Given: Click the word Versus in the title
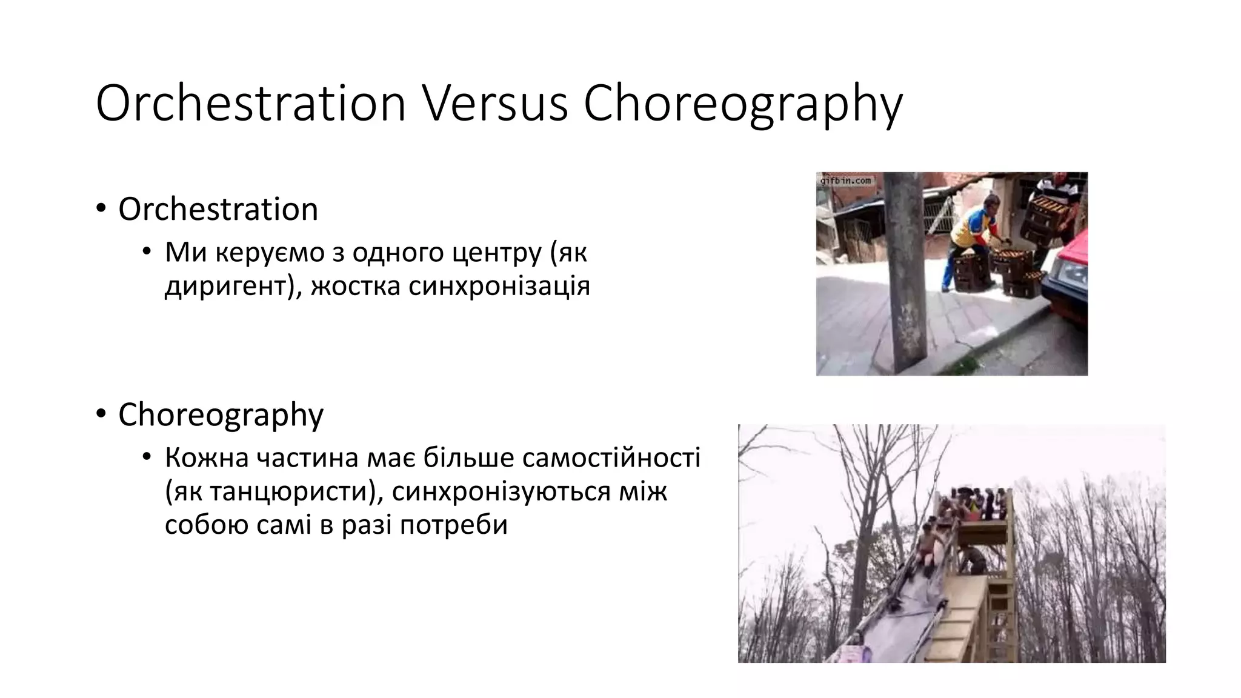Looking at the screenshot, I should [x=494, y=103].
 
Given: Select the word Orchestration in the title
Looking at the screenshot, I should [x=250, y=103].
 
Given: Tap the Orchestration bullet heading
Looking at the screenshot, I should [x=218, y=209].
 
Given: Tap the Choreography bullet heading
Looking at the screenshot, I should [x=221, y=416].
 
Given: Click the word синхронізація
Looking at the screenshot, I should [x=499, y=285].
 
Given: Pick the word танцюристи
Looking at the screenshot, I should [x=289, y=491].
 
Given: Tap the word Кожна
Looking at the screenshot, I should [x=207, y=457].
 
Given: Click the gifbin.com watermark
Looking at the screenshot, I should [x=845, y=181].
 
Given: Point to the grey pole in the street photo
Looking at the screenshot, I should [x=905, y=273].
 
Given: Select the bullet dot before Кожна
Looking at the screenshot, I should [x=146, y=457].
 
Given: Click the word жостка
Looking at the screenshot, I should [x=355, y=285].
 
